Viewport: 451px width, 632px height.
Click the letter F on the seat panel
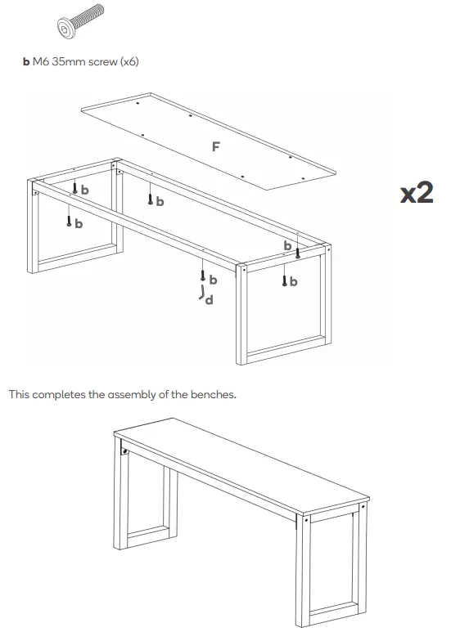(x=215, y=147)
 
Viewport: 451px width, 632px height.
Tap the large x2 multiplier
(x=416, y=193)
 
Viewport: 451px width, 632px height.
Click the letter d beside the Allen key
(x=209, y=301)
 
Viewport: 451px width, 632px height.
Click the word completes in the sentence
(x=60, y=395)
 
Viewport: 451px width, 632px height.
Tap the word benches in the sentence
(x=214, y=395)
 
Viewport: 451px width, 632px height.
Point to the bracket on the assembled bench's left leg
(x=125, y=450)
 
